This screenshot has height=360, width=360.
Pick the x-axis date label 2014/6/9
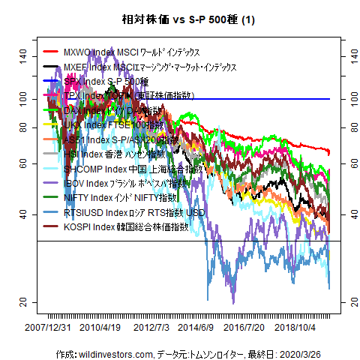pyautogui.click(x=196, y=328)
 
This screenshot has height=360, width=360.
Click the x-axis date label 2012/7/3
pyautogui.click(x=151, y=328)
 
